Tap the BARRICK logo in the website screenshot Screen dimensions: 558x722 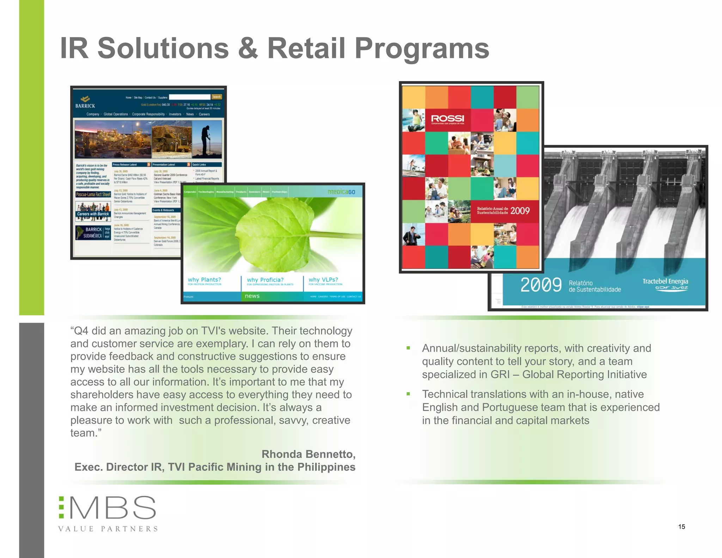point(85,102)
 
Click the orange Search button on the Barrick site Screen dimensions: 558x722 point(216,97)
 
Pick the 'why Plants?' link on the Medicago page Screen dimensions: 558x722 point(204,280)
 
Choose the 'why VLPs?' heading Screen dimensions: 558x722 point(323,280)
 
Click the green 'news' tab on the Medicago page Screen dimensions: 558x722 point(252,296)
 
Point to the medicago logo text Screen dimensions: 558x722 point(341,192)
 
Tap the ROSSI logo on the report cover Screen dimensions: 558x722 point(448,119)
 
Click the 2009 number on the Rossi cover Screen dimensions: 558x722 point(520,211)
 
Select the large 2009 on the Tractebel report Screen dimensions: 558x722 point(541,285)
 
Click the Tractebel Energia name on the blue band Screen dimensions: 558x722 point(665,281)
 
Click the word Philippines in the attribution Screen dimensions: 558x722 point(326,467)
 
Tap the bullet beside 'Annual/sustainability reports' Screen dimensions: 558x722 point(408,348)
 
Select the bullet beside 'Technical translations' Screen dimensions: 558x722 point(408,394)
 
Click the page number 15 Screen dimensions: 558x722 point(681,527)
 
